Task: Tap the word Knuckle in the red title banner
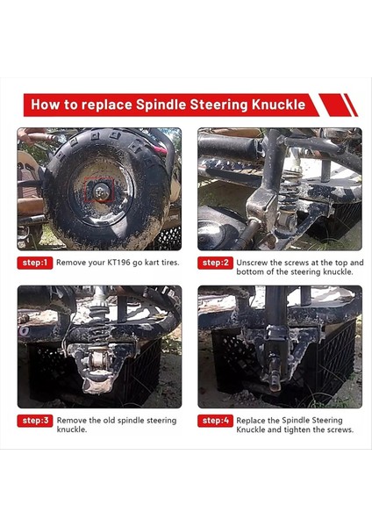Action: pyautogui.click(x=275, y=105)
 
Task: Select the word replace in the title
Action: pyautogui.click(x=104, y=105)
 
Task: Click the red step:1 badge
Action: pyautogui.click(x=34, y=262)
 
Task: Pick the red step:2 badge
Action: pyautogui.click(x=215, y=262)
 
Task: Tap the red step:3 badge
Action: pyautogui.click(x=34, y=420)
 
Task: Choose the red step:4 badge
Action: pyautogui.click(x=215, y=420)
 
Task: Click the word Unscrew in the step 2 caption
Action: pyautogui.click(x=254, y=262)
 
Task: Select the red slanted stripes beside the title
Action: pyautogui.click(x=339, y=105)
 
